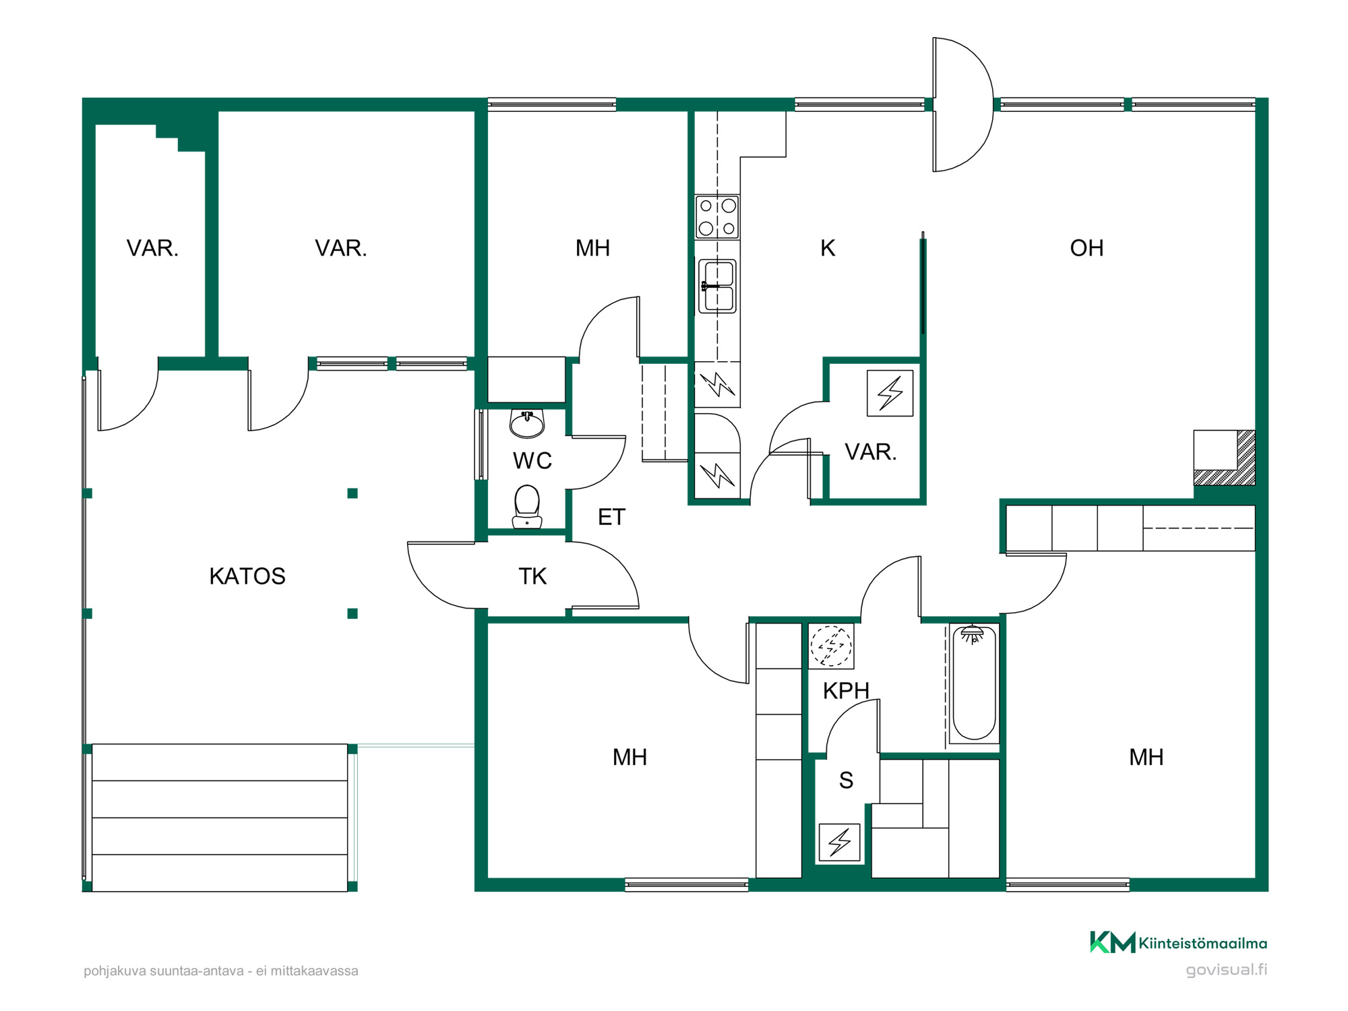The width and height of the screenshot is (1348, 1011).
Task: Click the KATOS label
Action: pos(247,576)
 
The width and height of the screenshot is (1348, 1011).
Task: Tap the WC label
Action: pos(532,461)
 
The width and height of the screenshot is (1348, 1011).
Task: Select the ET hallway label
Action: pos(612,517)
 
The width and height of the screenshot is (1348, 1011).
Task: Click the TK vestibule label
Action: pos(532,576)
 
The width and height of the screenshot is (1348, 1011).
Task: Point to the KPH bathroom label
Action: pos(846,691)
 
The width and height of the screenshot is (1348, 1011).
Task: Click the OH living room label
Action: pos(1086,248)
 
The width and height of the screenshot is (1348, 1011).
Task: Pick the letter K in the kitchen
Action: pos(828,248)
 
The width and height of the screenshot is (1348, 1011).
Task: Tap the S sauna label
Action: pos(847,780)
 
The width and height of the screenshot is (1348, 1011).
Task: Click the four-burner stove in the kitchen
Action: pos(717,217)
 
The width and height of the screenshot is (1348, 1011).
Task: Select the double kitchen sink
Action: pos(717,286)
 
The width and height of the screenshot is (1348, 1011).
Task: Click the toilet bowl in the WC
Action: pos(527,507)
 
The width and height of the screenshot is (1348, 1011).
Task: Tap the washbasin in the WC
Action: pos(527,423)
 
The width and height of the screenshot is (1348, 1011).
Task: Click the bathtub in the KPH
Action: pos(974,683)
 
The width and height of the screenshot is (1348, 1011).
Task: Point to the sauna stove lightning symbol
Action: pos(840,842)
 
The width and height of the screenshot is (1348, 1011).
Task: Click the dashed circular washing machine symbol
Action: pos(831,646)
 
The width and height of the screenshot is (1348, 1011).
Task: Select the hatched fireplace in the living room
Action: pos(1225,458)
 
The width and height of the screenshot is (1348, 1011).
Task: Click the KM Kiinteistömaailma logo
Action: pos(1178,942)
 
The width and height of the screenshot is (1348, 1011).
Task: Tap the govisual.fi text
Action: pos(1227,970)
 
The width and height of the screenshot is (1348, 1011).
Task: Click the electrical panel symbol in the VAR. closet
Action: pos(890,393)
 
